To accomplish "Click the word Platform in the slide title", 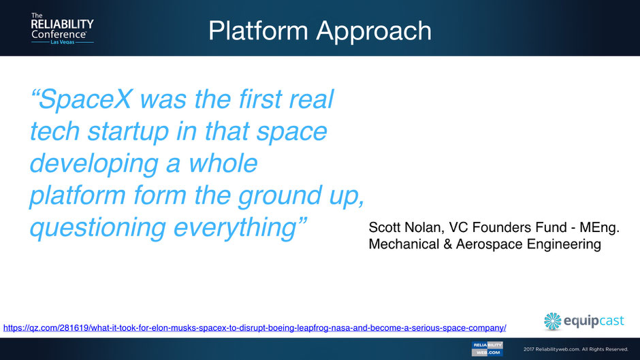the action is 258,31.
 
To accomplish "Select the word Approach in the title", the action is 374,32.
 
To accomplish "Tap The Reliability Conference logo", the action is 63,29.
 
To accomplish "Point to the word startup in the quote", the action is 128,132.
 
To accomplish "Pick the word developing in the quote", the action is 94,164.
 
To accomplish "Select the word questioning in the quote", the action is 98,228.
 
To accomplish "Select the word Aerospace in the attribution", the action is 489,244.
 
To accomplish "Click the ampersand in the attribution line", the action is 447,244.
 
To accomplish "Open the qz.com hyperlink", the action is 255,328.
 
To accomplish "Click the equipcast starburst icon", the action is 553,321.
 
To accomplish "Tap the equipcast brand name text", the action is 594,321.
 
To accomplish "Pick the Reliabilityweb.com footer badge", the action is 487,349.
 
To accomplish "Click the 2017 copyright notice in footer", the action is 575,349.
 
